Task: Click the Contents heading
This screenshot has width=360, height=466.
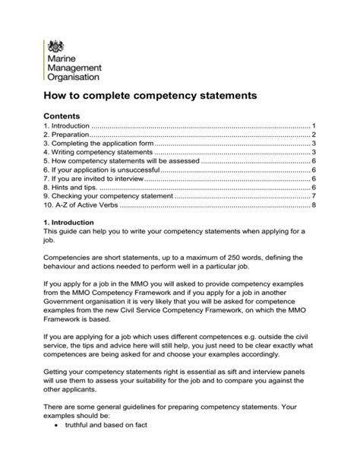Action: click(x=63, y=114)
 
